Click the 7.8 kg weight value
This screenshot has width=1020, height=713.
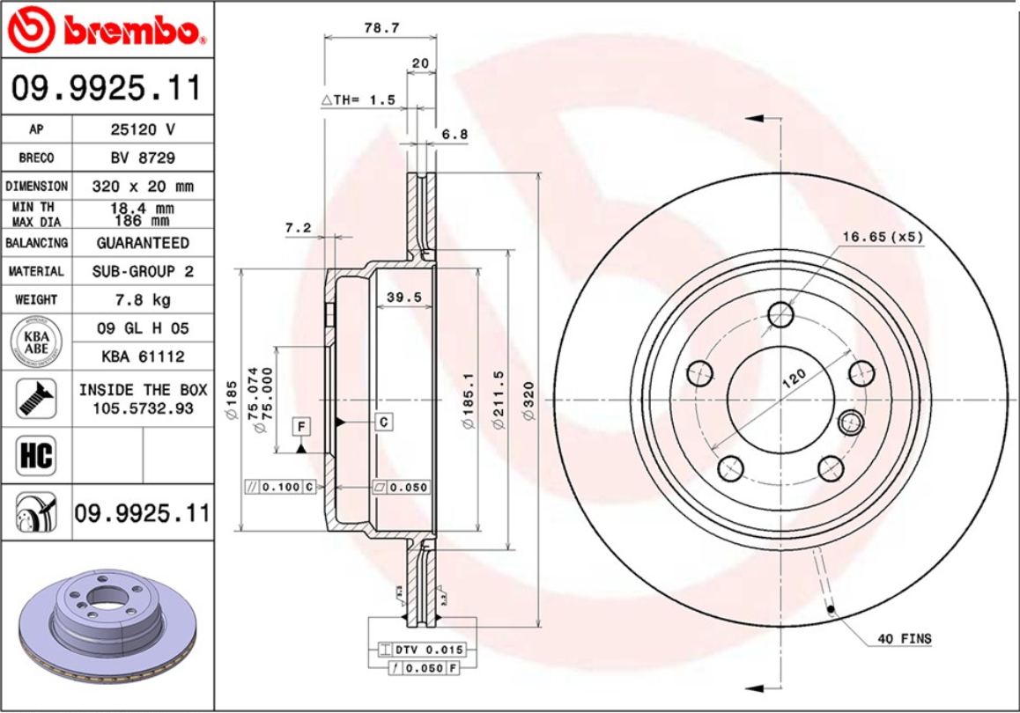coord(142,300)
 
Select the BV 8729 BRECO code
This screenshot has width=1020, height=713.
coord(142,158)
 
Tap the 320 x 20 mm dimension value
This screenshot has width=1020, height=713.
coord(142,187)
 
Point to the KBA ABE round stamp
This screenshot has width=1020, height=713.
coord(35,342)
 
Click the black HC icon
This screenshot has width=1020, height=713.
coord(35,455)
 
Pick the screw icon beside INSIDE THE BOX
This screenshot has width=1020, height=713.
coord(35,398)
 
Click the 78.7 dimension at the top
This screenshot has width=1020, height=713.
coord(381,28)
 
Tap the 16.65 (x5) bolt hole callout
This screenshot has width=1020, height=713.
coord(882,237)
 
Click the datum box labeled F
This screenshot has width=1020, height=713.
coord(301,427)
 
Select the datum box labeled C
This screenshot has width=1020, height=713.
coord(384,423)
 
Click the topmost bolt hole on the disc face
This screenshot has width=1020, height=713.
coord(780,314)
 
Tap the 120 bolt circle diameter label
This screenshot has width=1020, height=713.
coord(794,379)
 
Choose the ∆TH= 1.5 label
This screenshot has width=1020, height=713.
coord(358,99)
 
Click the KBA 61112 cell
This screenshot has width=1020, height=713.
coord(142,356)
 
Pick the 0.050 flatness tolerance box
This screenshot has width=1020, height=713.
coord(402,486)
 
